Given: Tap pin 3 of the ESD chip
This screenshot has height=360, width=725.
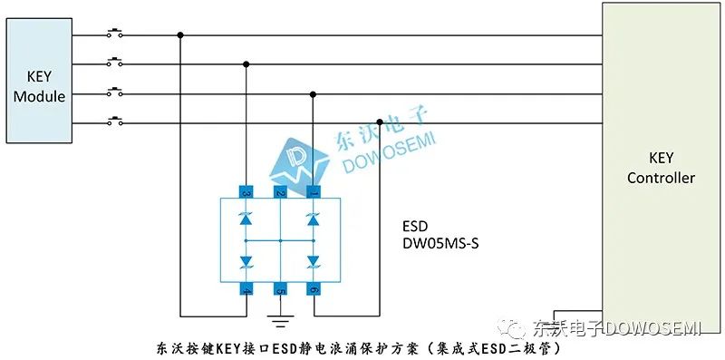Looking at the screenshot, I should tap(246, 192).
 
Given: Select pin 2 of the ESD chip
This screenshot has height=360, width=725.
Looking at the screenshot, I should tap(280, 192).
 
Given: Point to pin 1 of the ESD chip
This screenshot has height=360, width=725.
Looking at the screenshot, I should tap(314, 192).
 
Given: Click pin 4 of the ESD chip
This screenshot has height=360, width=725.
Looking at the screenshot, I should tap(246, 290).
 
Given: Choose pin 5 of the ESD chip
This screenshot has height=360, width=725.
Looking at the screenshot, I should tap(280, 290).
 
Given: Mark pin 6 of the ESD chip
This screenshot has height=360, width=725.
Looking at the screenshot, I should tap(314, 290).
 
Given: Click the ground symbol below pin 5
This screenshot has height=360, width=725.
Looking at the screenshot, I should tap(280, 320).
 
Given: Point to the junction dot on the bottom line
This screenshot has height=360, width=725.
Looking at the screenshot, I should tap(381, 122).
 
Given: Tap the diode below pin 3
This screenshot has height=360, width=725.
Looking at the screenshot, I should tap(246, 219).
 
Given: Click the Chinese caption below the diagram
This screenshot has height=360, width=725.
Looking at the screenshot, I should tap(362, 347).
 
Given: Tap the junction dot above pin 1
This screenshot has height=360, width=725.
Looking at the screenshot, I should tap(314, 93).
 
